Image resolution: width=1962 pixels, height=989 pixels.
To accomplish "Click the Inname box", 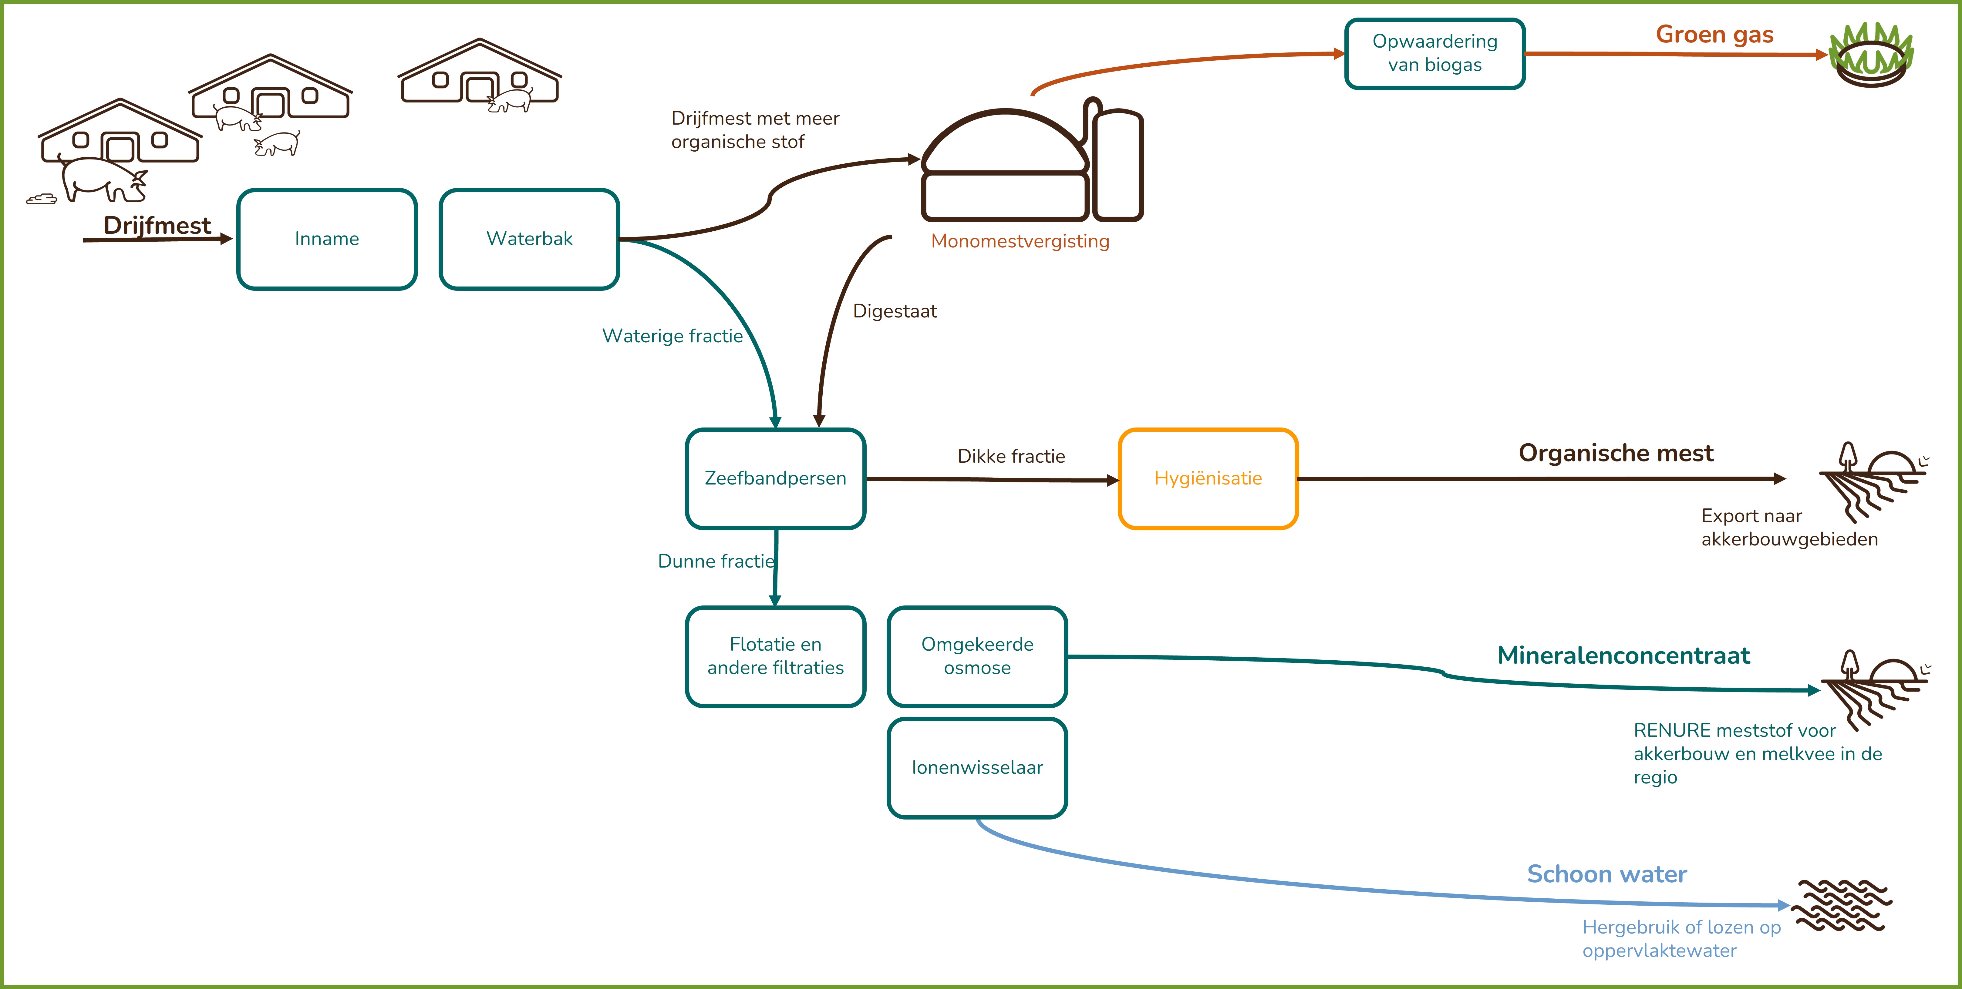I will click(327, 239).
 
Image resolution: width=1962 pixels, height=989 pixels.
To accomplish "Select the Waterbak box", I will click(529, 239).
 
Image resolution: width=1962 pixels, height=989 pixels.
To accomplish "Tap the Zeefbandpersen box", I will click(775, 478).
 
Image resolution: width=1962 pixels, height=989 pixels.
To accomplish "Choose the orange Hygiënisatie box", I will click(1208, 478).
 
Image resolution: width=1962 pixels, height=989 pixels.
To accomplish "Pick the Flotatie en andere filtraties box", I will click(775, 656).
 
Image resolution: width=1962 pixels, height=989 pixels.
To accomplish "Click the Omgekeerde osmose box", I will click(977, 656).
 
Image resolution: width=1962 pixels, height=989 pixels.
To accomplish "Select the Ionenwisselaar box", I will click(977, 767).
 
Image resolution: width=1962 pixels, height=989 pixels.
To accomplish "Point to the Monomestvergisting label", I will click(1020, 241).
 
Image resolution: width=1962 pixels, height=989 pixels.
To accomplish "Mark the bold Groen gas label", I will click(1714, 35).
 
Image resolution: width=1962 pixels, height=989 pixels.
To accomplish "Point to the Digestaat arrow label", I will click(895, 311).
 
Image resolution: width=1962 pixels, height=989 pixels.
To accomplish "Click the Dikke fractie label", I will click(1011, 456).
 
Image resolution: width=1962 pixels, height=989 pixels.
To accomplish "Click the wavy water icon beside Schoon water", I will click(1842, 906).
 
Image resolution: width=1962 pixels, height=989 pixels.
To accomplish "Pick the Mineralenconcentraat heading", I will click(1623, 655).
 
